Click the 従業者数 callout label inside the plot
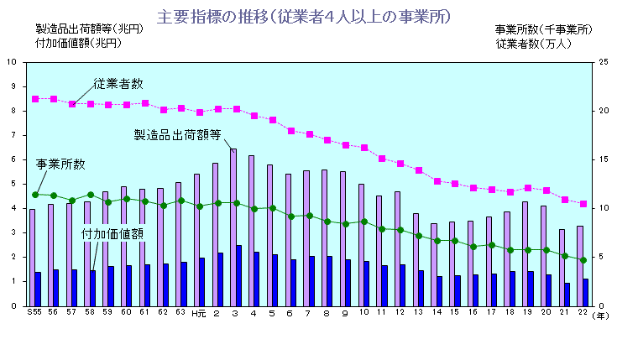click(x=118, y=83)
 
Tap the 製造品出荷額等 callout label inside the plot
click(x=178, y=133)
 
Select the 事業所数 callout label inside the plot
click(x=60, y=163)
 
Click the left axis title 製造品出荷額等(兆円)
click(x=84, y=29)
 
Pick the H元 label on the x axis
click(x=197, y=314)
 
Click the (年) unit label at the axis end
click(x=600, y=316)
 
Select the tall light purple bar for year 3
click(x=233, y=227)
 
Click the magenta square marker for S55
click(x=35, y=99)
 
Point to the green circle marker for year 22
click(x=583, y=260)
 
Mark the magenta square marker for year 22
click(x=583, y=204)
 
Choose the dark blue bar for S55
click(x=39, y=289)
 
